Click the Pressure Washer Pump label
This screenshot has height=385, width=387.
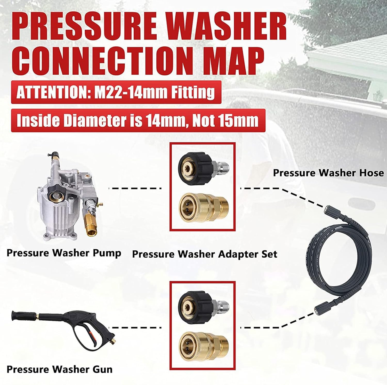pos(64,253)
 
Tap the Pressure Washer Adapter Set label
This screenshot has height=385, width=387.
pos(205,254)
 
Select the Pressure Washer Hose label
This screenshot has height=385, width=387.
pos(328,173)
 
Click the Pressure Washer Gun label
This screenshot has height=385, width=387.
pos(60,369)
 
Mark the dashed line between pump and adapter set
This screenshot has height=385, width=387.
pos(135,188)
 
